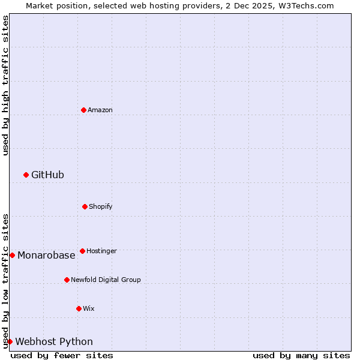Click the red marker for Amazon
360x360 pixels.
[x=83, y=110]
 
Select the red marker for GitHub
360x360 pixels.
[x=26, y=175]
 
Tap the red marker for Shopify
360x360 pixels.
[x=85, y=206]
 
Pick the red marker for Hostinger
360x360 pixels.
[x=82, y=251]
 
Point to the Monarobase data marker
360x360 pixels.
[x=12, y=255]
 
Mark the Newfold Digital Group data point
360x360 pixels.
[x=67, y=280]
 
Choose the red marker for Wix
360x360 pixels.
[x=79, y=308]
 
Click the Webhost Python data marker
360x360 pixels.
[x=10, y=341]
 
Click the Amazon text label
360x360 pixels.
[x=100, y=110]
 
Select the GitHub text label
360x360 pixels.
[x=47, y=175]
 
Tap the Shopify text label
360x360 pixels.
[x=101, y=206]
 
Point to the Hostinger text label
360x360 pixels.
[x=101, y=251]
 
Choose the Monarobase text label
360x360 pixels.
[x=46, y=255]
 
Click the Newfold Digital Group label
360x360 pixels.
[x=106, y=280]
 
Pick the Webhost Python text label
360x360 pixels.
[x=54, y=341]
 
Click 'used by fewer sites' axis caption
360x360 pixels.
[x=62, y=355]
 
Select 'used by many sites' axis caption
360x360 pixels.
[x=301, y=355]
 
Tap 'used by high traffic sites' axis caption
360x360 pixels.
[x=5, y=85]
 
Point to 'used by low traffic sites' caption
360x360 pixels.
[x=5, y=281]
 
